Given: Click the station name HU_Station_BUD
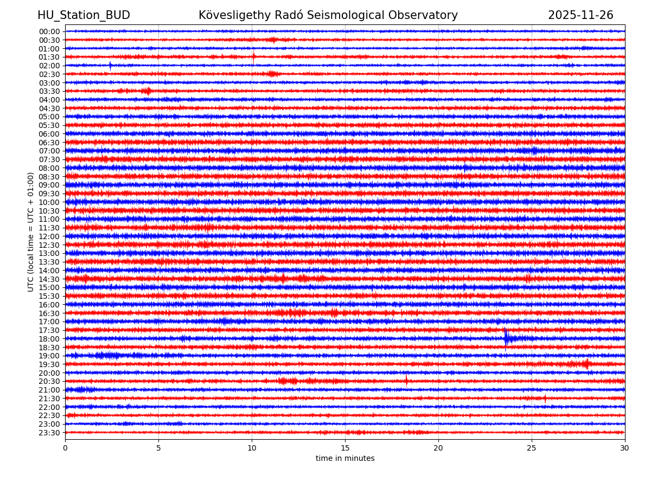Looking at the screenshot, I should [x=84, y=15].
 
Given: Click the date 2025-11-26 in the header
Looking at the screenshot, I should [x=580, y=15].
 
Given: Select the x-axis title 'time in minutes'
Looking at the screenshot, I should [x=345, y=459].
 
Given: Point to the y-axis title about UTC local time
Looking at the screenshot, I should [x=31, y=232].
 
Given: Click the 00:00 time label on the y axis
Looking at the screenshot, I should [x=49, y=31].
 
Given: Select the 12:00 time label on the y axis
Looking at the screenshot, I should [x=49, y=236].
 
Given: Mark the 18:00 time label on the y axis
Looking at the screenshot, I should [x=49, y=339].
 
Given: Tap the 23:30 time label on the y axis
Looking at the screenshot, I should [x=49, y=433].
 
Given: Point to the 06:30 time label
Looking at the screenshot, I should [x=49, y=143].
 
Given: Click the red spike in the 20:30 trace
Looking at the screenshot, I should [x=406, y=381].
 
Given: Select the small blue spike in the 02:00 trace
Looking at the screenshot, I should [x=110, y=66].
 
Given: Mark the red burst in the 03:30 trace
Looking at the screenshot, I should [x=147, y=91].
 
